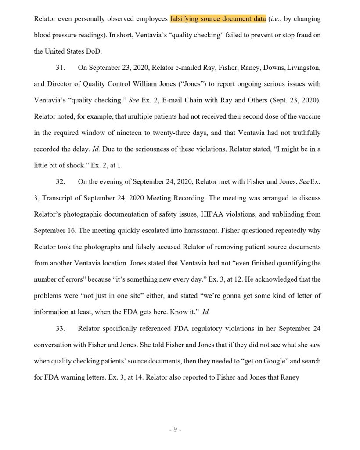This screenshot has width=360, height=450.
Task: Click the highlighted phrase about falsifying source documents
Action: (218, 19)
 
